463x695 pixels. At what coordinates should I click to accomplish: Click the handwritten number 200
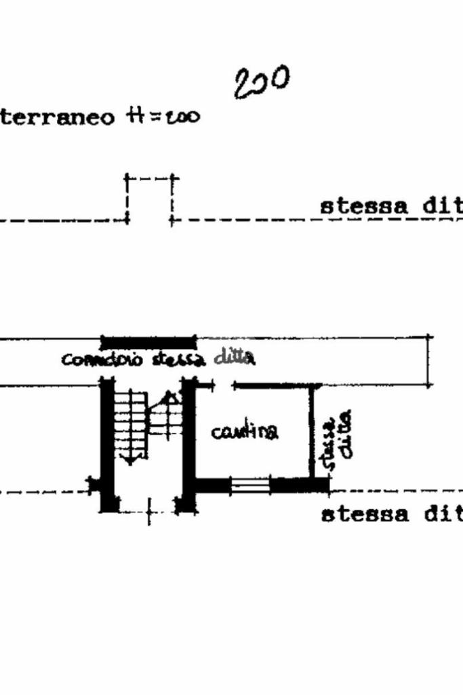click(x=261, y=82)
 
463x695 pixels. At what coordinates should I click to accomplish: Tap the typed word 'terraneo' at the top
click(x=58, y=117)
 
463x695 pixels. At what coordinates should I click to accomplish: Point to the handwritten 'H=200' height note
click(x=163, y=117)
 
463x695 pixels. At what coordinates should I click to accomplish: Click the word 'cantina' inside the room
click(x=244, y=431)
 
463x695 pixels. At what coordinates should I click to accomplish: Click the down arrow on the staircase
click(x=129, y=459)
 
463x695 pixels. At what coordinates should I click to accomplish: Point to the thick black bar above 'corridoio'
click(x=148, y=341)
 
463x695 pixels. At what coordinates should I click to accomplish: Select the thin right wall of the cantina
click(x=313, y=431)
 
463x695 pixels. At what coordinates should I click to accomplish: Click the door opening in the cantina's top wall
click(x=224, y=386)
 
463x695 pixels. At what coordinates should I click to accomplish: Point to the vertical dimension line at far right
click(x=428, y=361)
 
